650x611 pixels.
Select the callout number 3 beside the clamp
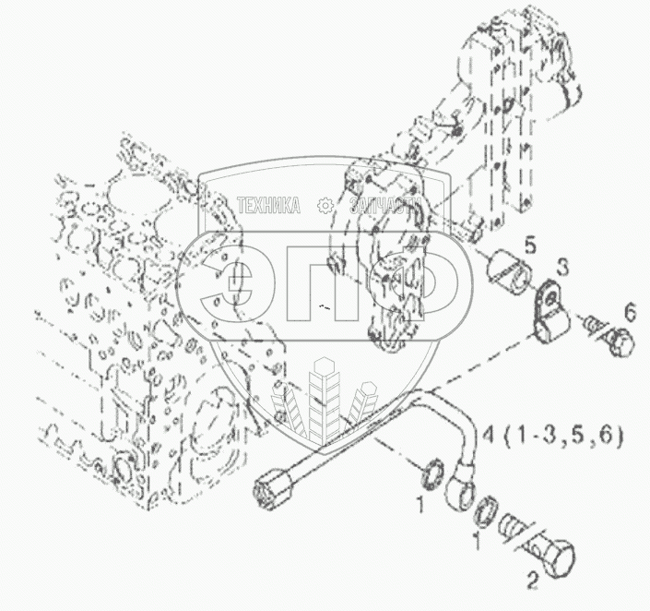coord(562,269)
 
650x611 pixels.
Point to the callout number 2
coord(532,581)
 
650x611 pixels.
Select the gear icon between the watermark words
coord(324,206)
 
